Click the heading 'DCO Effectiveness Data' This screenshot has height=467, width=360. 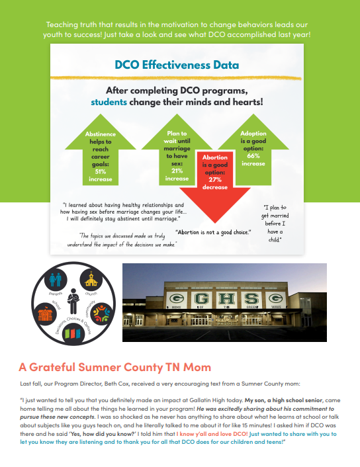click(177, 65)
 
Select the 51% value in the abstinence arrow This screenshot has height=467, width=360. click(101, 171)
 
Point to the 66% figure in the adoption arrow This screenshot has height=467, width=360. click(253, 155)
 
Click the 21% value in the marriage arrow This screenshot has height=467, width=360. click(177, 171)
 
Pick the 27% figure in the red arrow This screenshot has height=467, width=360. click(215, 180)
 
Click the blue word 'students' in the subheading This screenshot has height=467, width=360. click(109, 102)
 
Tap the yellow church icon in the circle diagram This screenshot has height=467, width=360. click(91, 280)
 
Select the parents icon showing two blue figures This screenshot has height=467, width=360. click(56, 280)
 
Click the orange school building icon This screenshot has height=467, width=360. click(45, 314)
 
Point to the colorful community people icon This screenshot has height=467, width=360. click(102, 314)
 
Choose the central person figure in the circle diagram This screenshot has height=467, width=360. click(73, 301)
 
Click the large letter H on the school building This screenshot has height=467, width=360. click(227, 298)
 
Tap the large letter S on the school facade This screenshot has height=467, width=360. click(252, 298)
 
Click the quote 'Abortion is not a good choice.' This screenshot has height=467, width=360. click(213, 232)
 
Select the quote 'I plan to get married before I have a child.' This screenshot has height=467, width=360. click(275, 224)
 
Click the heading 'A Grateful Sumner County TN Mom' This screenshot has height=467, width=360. click(114, 367)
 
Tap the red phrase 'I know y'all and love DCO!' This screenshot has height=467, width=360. click(212, 434)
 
